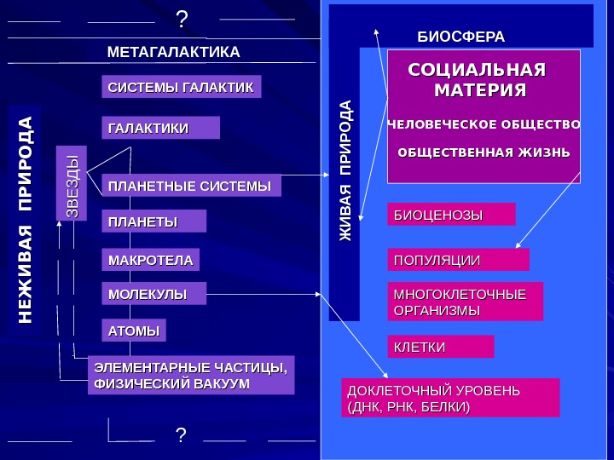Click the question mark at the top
click(x=181, y=19)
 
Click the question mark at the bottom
click(x=180, y=436)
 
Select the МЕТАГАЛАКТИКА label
click(x=174, y=53)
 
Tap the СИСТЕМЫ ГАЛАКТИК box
click(x=182, y=88)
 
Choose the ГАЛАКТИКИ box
click(x=160, y=128)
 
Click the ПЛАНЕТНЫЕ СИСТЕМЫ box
click(x=191, y=185)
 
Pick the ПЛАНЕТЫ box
click(x=153, y=221)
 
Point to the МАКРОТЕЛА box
click(x=150, y=259)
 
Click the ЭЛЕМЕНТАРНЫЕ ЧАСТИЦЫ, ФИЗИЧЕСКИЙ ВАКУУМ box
click(x=191, y=375)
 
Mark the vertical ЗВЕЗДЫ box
click(x=72, y=184)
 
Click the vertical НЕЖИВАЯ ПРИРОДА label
click(x=26, y=220)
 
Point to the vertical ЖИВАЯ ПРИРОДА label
click(x=345, y=170)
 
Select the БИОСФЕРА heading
click(x=460, y=37)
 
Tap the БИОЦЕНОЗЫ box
click(x=452, y=214)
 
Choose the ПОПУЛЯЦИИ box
click(x=458, y=260)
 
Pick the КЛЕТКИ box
click(x=441, y=347)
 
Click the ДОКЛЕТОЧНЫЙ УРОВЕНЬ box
click(x=450, y=398)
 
